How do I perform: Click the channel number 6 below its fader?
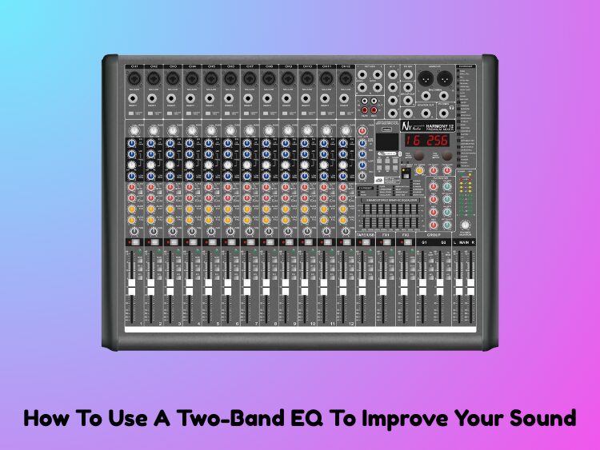pos(238,325)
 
